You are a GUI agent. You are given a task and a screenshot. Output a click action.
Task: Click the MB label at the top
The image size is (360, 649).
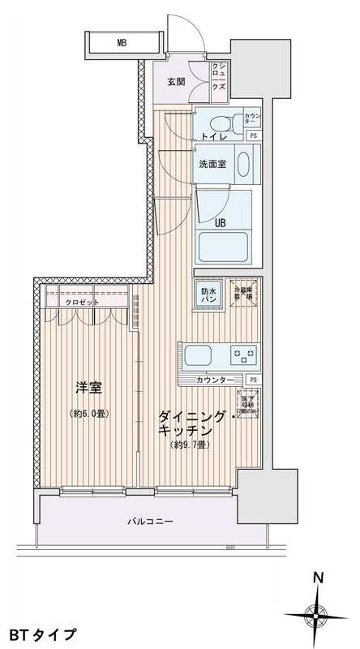(121, 43)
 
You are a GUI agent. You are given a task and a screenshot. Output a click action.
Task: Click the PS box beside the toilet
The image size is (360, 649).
(254, 135)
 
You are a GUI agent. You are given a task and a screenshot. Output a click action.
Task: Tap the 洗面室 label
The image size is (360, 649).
(212, 163)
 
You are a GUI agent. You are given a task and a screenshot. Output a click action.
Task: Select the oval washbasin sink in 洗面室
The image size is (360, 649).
(244, 165)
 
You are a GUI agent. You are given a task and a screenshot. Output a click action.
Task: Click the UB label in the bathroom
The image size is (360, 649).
(220, 221)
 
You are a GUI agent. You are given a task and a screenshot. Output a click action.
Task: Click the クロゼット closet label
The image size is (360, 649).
(84, 303)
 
